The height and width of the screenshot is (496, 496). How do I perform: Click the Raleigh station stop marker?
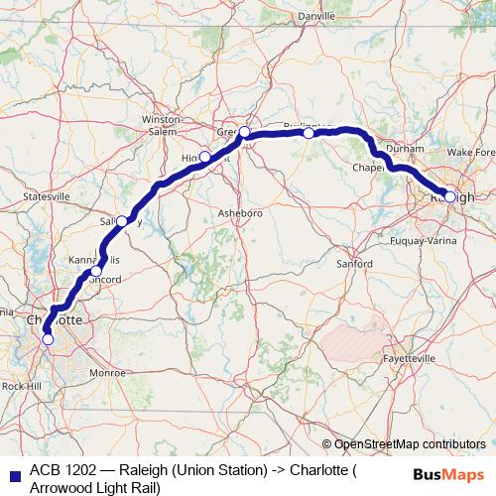[x=450, y=196]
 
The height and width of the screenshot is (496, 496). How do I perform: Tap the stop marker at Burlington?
[x=309, y=133]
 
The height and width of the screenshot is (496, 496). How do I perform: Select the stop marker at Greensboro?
[x=244, y=131]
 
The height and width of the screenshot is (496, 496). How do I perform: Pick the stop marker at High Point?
[x=204, y=156]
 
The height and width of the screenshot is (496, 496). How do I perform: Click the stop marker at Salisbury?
[x=120, y=223]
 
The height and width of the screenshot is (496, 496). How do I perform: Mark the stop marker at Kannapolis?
[x=96, y=271]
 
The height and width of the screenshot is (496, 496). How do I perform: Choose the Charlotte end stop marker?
[x=48, y=340]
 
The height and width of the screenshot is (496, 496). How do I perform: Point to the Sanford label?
[x=354, y=264]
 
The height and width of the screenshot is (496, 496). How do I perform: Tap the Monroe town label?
[x=107, y=373]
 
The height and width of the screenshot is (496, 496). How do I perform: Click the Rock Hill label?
[x=20, y=385]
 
